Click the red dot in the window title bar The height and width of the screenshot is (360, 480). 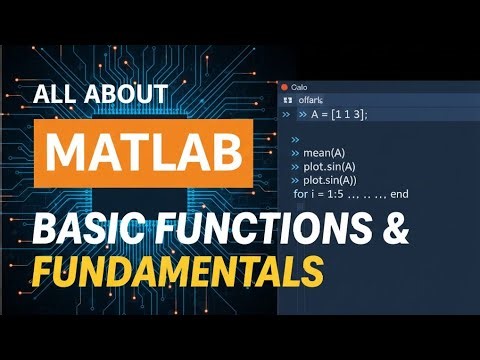(x=285, y=86)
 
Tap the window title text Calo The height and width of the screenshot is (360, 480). (x=300, y=86)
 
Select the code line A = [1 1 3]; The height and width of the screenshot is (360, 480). (x=335, y=115)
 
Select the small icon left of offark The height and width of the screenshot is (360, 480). (x=288, y=100)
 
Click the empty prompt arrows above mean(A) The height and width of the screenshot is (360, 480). (x=296, y=140)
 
